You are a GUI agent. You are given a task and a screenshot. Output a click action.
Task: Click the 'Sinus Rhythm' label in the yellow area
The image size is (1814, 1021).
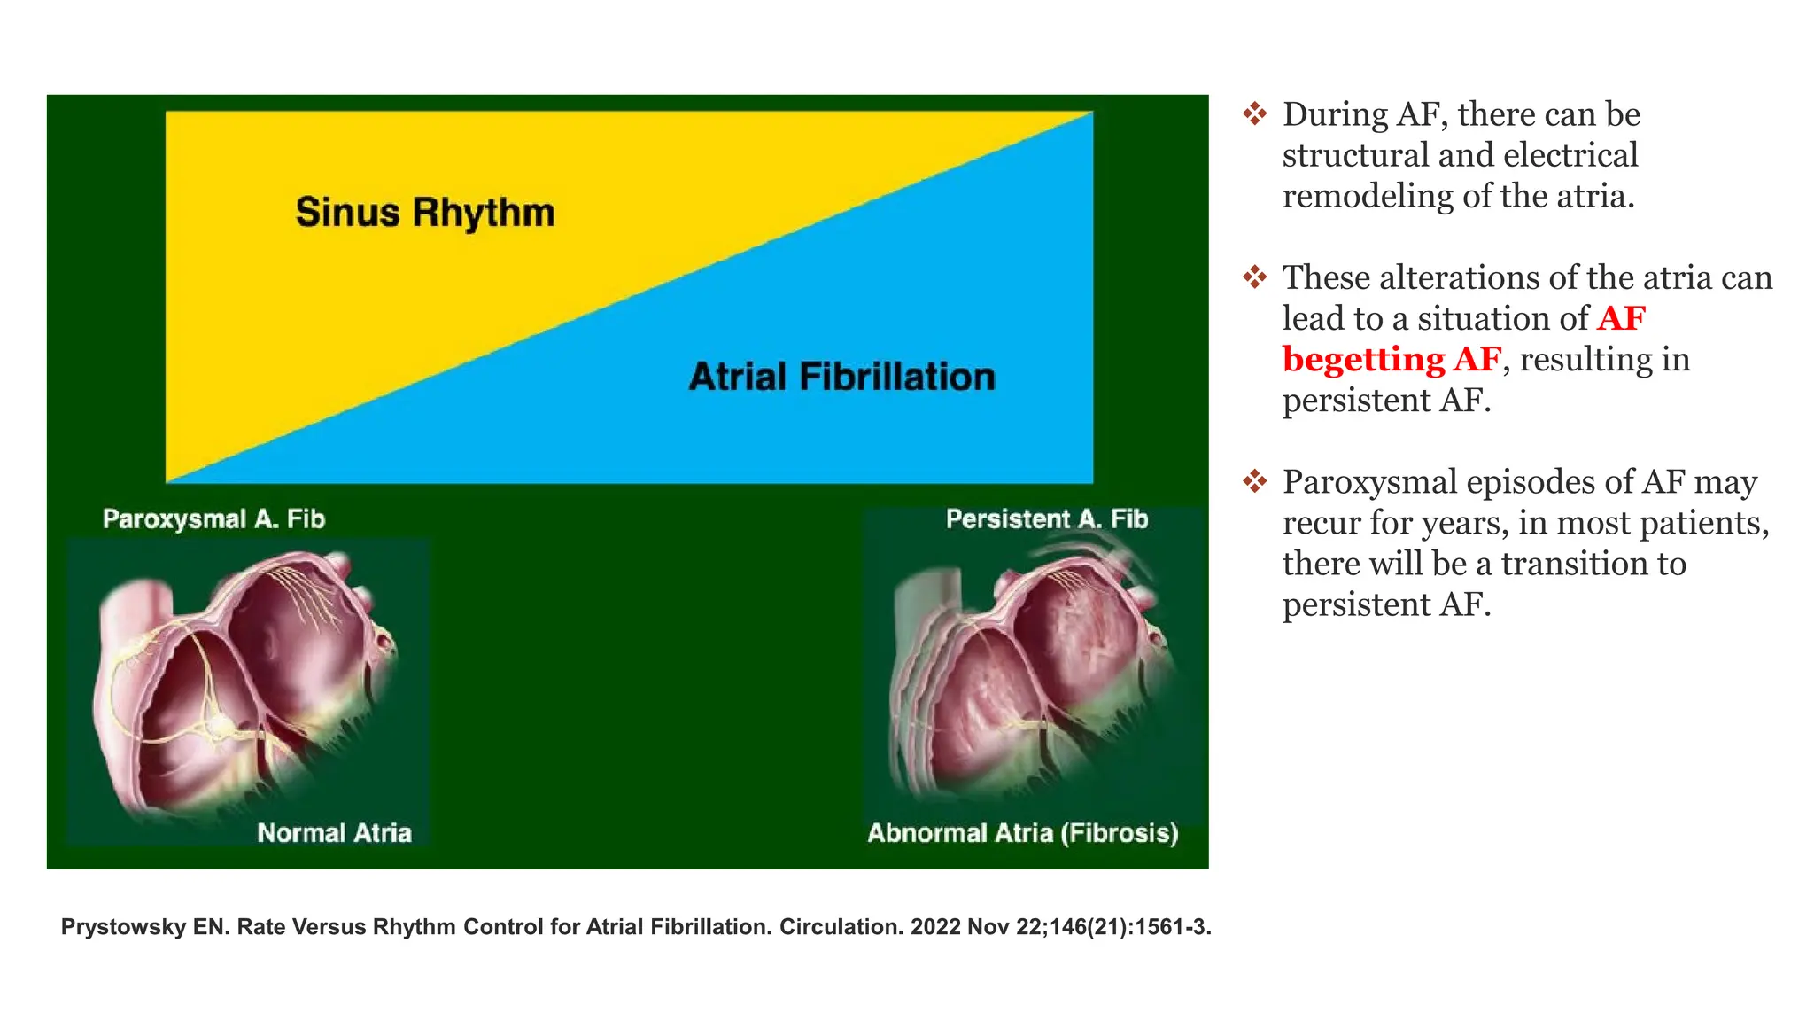tap(425, 213)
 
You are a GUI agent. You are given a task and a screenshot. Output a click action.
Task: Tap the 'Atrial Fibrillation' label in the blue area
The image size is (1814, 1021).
tap(841, 377)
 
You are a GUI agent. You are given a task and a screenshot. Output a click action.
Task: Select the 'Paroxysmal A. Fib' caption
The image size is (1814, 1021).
tap(213, 518)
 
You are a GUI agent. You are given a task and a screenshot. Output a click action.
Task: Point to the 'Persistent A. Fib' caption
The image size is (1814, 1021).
tap(1046, 518)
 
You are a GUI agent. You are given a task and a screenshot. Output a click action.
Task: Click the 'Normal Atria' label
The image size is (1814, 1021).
tap(334, 832)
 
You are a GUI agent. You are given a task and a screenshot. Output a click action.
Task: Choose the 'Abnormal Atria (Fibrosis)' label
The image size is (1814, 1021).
tap(1022, 832)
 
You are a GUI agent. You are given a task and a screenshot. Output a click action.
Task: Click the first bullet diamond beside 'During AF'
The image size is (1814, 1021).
tap(1254, 113)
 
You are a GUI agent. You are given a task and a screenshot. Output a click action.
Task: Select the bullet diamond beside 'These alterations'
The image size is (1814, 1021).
tap(1254, 277)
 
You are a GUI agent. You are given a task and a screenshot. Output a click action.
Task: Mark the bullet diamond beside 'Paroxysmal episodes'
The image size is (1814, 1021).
tap(1254, 481)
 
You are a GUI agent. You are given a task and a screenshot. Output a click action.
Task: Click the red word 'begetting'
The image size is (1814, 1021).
tap(1363, 360)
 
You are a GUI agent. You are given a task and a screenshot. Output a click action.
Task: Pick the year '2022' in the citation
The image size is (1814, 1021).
tap(935, 927)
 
